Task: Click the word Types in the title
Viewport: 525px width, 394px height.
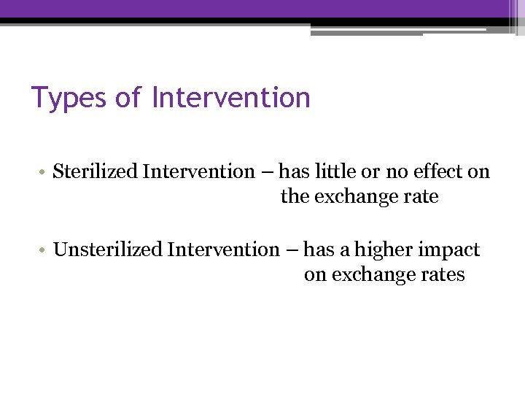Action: pyautogui.click(x=69, y=97)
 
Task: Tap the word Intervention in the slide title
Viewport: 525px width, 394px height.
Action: pyautogui.click(x=231, y=97)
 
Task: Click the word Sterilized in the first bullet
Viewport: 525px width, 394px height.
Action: pyautogui.click(x=96, y=172)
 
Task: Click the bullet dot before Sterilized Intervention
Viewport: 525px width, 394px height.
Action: pyautogui.click(x=45, y=173)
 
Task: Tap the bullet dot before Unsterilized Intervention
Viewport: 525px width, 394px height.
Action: pyautogui.click(x=45, y=251)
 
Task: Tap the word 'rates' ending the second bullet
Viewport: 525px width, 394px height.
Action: pyautogui.click(x=444, y=275)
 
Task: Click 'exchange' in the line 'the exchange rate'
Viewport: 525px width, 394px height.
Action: pyautogui.click(x=357, y=197)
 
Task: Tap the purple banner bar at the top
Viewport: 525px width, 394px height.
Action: pyautogui.click(x=262, y=8)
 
